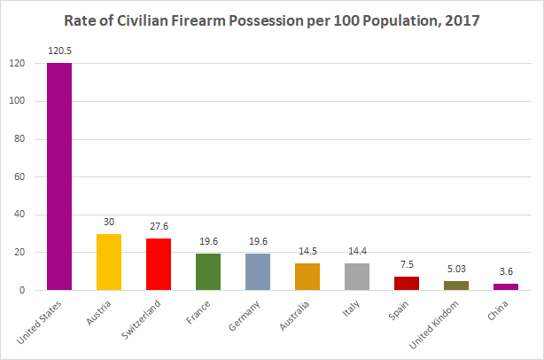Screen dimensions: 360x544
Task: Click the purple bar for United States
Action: tap(58, 176)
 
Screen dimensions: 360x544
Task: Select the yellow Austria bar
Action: tap(108, 262)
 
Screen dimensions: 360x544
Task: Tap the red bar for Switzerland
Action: tap(158, 264)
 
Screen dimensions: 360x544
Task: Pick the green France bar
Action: tap(207, 271)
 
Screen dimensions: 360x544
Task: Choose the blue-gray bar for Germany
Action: tap(257, 271)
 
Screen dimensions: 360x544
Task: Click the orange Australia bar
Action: tap(307, 277)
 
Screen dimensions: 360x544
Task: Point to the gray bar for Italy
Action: tap(356, 277)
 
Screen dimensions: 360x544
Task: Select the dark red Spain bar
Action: tap(406, 283)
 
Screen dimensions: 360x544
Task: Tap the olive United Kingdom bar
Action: tap(455, 286)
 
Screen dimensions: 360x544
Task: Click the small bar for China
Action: tap(505, 286)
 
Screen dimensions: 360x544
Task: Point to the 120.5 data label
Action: tap(58, 52)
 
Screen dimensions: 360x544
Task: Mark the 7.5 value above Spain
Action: tap(406, 265)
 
